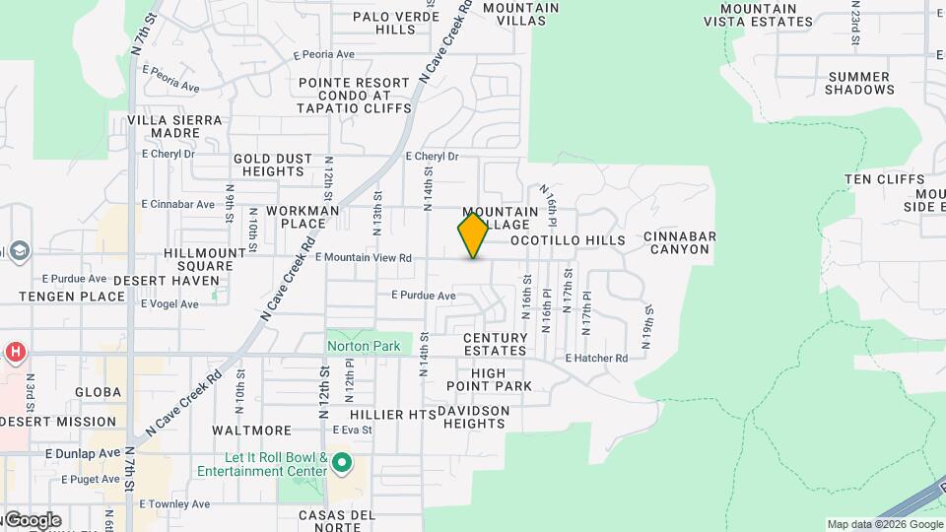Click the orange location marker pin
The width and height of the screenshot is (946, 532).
473,235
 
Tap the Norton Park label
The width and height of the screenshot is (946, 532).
365,347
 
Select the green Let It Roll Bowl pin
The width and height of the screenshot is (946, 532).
342,461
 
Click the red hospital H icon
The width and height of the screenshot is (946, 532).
15,352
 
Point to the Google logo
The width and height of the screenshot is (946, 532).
33,520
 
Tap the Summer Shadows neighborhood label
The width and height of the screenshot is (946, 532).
859,84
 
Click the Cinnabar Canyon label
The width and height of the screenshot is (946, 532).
679,243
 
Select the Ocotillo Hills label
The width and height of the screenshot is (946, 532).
567,240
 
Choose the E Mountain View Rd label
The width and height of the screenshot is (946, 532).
363,258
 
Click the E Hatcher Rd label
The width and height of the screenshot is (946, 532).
596,359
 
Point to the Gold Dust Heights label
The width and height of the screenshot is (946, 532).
273,165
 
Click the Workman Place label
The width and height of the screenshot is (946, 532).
296,217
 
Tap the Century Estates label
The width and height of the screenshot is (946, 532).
495,344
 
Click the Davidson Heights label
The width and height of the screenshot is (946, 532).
473,417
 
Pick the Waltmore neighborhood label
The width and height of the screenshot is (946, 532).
252,431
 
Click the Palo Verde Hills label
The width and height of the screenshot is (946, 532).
383,23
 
